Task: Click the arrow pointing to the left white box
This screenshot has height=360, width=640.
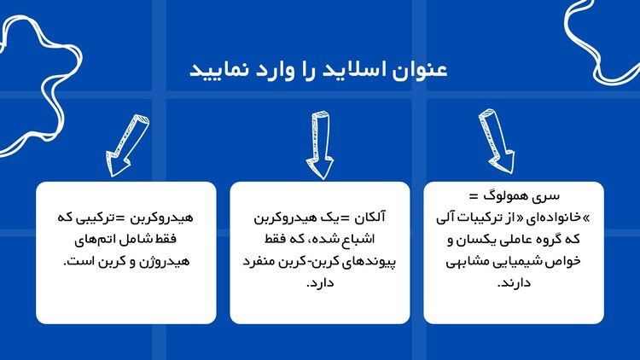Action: click(x=127, y=145)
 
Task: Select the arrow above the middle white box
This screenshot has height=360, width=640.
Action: click(x=321, y=145)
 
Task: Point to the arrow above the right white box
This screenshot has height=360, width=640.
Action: click(x=497, y=141)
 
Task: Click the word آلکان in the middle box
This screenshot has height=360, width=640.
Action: click(x=369, y=218)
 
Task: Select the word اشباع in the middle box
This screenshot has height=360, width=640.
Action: click(x=359, y=240)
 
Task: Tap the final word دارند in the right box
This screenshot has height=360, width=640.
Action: click(x=514, y=283)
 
